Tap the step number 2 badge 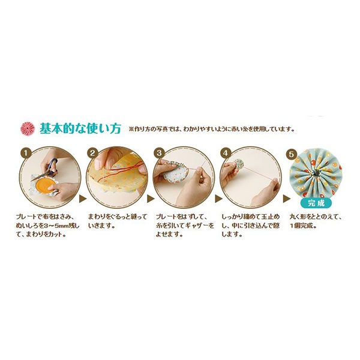point(92,153)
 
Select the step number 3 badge point(159,153)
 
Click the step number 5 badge point(293,153)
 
